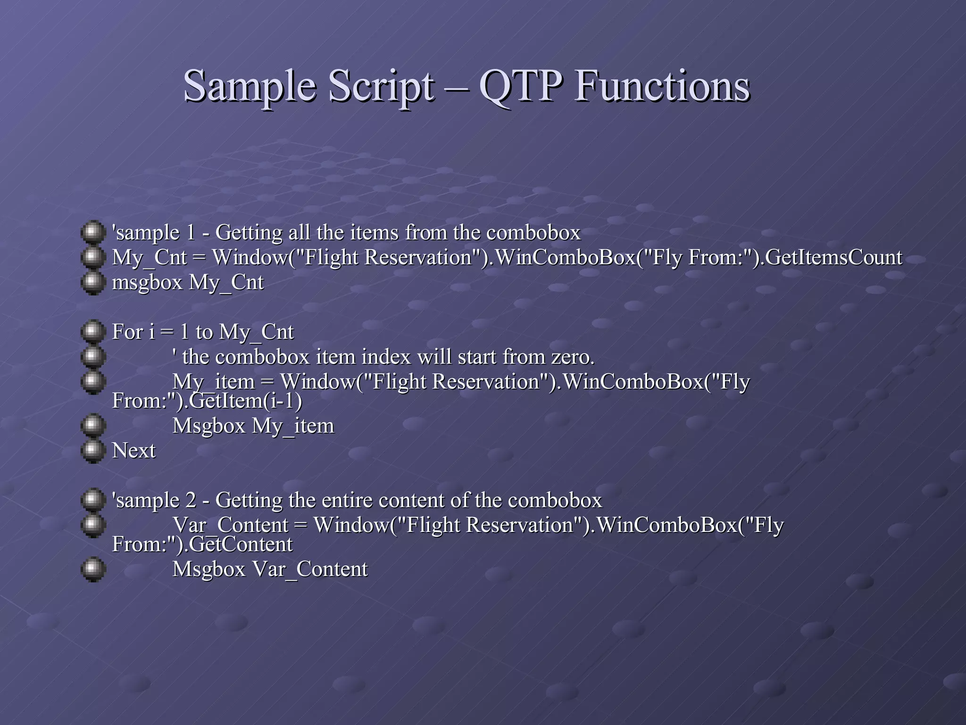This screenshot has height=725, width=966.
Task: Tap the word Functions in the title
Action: (661, 86)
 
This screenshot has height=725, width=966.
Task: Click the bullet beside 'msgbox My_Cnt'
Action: (92, 282)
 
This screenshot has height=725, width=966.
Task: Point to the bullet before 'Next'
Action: (92, 451)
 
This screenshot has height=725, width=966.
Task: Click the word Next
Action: (133, 451)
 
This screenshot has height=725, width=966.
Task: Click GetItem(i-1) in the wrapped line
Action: (245, 401)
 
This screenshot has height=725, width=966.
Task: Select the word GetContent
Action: (241, 545)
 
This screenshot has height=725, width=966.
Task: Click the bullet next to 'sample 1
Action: (92, 232)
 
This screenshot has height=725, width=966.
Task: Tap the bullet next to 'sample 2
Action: (92, 500)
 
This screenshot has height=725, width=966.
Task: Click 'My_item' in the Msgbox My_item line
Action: (293, 426)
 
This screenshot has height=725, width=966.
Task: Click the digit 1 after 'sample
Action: (191, 233)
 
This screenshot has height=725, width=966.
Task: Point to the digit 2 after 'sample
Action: (191, 500)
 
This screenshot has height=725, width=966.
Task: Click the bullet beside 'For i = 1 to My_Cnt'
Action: (92, 332)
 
